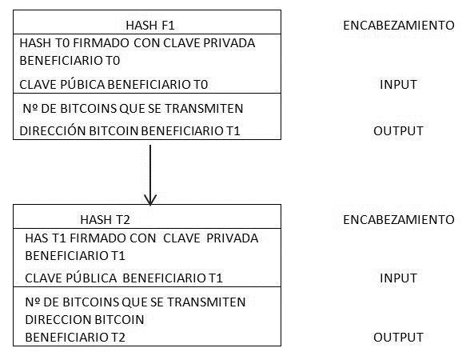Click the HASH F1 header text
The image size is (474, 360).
[x=150, y=26]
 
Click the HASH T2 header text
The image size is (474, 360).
[x=106, y=220]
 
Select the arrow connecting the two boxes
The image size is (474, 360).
[x=150, y=175]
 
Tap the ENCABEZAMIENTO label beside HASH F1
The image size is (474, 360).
[x=398, y=26]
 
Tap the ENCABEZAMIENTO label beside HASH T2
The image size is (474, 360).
[x=398, y=220]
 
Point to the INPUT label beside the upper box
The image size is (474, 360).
[x=398, y=85]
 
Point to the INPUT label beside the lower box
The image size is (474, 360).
[x=398, y=278]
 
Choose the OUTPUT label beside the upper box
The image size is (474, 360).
[x=398, y=131]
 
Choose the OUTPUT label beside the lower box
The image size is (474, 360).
[x=398, y=338]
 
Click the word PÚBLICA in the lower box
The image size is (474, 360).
[x=92, y=278]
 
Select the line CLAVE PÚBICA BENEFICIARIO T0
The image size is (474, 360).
[x=114, y=84]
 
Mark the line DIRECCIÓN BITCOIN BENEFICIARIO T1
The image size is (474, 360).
[x=129, y=131]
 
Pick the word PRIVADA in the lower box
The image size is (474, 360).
[x=233, y=238]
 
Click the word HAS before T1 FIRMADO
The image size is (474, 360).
[x=37, y=238]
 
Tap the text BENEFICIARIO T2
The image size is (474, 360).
[x=75, y=338]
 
